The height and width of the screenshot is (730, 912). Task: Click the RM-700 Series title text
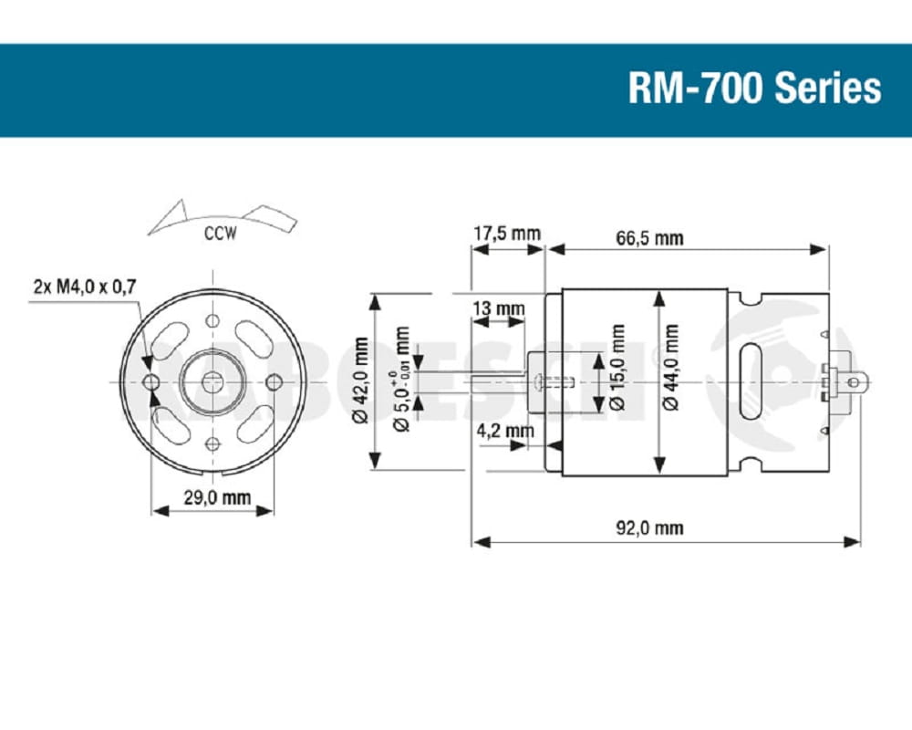tap(754, 89)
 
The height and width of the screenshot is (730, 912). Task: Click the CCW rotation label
tap(220, 234)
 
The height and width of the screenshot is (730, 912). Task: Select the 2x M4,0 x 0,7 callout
tap(84, 287)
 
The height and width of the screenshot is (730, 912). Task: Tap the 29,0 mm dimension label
tap(213, 498)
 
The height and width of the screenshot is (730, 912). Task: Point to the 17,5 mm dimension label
tap(506, 234)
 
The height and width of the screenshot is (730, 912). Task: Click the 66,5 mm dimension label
tap(649, 239)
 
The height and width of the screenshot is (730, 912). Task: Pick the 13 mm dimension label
tap(498, 308)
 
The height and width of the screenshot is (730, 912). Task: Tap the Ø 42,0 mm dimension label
tap(360, 381)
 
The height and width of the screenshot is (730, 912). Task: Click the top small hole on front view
tap(212, 320)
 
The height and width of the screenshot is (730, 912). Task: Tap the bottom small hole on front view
tap(212, 443)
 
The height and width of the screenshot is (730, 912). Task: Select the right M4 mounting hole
tap(274, 381)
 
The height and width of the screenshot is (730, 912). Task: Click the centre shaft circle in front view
tap(212, 381)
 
